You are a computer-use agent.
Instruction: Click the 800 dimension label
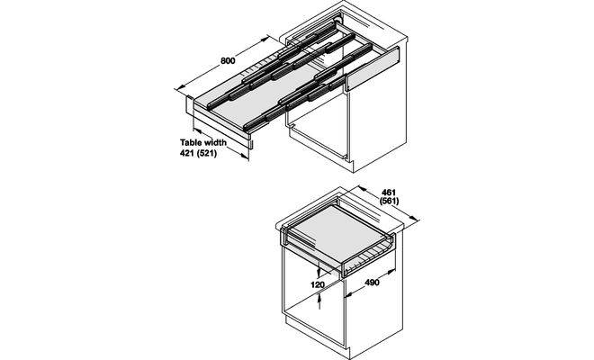pyautogui.click(x=228, y=60)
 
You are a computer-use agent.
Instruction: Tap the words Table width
pyautogui.click(x=203, y=142)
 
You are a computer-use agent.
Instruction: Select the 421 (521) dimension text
pyautogui.click(x=198, y=154)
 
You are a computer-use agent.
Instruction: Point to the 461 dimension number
pyautogui.click(x=389, y=193)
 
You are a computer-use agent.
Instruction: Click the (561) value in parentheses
pyautogui.click(x=390, y=201)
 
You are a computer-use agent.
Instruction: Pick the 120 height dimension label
pyautogui.click(x=318, y=284)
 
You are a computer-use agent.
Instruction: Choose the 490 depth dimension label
pyautogui.click(x=372, y=283)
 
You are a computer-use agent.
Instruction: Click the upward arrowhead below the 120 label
pyautogui.click(x=319, y=299)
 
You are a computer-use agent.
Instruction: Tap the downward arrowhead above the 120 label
pyautogui.click(x=319, y=273)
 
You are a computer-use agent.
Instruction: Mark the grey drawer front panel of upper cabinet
pyautogui.click(x=373, y=68)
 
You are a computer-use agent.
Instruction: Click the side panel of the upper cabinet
pyautogui.click(x=379, y=113)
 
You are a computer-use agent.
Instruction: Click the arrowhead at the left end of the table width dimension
pyautogui.click(x=197, y=130)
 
